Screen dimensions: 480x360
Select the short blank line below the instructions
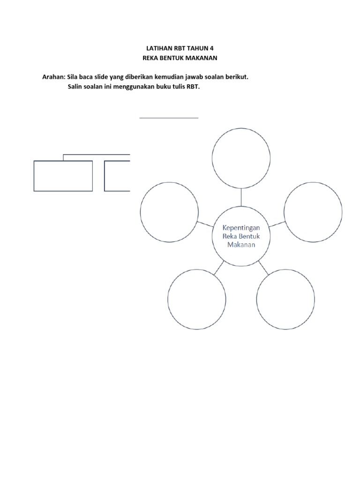[x=169, y=118]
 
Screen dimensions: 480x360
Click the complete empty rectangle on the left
[x=63, y=176]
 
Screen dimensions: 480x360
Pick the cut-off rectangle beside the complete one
[x=117, y=176]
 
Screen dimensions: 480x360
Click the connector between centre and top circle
[x=241, y=196]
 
